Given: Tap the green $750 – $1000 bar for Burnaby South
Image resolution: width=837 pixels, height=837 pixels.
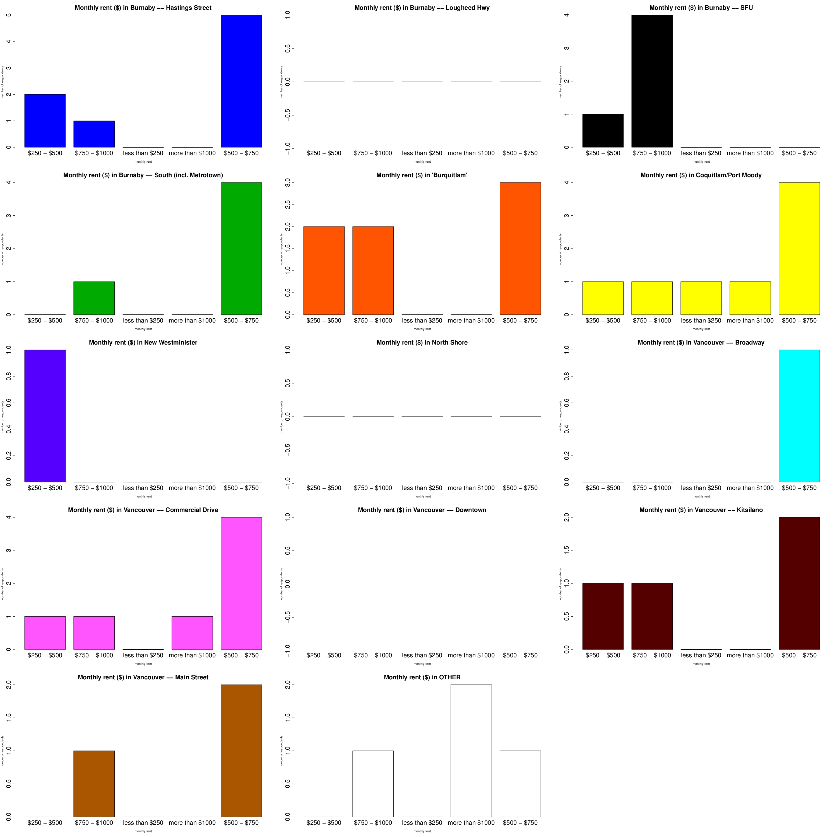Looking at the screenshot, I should [x=94, y=298].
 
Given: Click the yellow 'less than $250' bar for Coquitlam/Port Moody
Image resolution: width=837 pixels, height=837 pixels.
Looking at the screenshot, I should [x=701, y=298].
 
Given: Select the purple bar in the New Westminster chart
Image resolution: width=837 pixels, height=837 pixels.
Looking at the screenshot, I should [x=45, y=416].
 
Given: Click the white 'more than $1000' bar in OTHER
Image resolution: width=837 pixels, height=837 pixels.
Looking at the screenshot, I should [x=471, y=751].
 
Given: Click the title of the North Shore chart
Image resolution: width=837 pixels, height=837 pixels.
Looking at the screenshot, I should [x=422, y=343].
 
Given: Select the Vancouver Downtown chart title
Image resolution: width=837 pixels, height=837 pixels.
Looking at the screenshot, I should [x=422, y=510].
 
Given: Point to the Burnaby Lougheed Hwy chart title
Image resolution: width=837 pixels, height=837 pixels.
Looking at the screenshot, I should [x=422, y=8].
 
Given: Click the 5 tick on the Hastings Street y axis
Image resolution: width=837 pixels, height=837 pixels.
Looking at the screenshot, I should [x=9, y=15].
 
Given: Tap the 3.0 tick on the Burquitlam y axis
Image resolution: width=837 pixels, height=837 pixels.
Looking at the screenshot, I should [x=288, y=183].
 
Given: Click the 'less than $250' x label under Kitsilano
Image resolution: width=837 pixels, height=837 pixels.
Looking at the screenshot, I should [x=701, y=655].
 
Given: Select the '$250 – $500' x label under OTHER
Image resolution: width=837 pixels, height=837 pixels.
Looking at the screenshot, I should [x=324, y=823].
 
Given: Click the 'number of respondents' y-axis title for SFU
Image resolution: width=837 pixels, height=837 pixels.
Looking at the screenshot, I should [x=560, y=81].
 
